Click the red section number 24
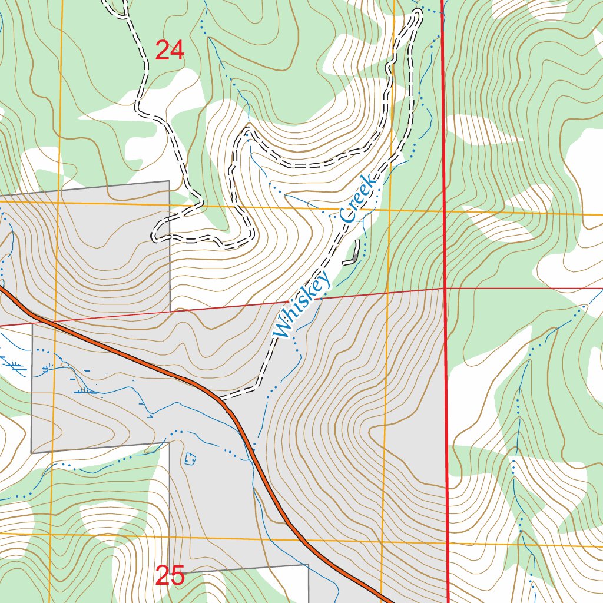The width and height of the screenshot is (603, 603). pos(170,51)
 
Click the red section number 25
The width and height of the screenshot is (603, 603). pos(170,576)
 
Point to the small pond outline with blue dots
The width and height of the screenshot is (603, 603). pos(190,458)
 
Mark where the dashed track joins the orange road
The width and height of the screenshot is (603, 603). pos(220,398)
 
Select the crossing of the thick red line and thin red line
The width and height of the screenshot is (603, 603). pos(445,289)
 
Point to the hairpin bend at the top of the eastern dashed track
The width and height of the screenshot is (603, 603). pos(419,12)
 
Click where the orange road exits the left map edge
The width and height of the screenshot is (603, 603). pos(2,288)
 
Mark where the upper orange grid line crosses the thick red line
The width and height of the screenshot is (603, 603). pos(444,210)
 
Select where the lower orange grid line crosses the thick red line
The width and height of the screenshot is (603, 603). pos(448,543)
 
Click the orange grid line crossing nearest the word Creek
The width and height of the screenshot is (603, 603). pos(389,209)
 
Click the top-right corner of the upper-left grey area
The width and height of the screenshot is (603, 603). pos(170,181)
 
